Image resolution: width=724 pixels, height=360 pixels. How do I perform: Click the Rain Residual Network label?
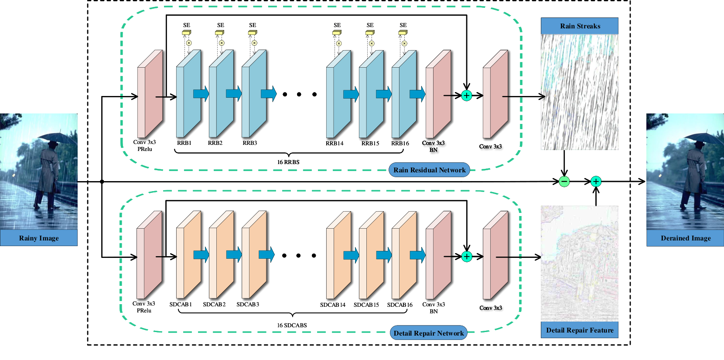(429, 170)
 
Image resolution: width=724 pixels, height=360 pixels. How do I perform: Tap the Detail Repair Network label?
(429, 333)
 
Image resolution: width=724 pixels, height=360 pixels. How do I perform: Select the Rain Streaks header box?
(580, 26)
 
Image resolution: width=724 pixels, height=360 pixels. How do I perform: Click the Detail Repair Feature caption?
(580, 330)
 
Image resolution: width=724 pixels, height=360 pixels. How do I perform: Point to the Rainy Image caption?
(39, 238)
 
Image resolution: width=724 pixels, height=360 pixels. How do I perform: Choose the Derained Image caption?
(686, 238)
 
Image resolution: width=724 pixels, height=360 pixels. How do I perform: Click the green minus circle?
(564, 182)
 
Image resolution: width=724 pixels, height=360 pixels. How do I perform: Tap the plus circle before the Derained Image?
(596, 182)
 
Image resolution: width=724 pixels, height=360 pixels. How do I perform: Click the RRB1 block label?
(184, 143)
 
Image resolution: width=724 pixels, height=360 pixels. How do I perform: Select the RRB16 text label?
(400, 143)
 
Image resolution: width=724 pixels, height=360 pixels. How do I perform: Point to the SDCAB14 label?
(333, 305)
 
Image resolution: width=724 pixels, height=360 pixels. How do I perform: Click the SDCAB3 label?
(248, 305)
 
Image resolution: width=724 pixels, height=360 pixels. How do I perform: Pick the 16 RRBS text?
(288, 162)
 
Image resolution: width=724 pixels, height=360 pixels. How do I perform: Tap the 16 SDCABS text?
(292, 325)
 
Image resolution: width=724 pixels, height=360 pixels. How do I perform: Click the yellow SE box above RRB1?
(187, 32)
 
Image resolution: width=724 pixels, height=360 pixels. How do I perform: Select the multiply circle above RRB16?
(404, 43)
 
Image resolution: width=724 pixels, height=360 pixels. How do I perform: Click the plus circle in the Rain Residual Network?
(467, 96)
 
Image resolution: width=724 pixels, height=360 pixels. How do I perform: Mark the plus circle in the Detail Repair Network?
(467, 257)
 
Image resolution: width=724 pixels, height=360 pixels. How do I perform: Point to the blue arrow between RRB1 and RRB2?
(201, 94)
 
